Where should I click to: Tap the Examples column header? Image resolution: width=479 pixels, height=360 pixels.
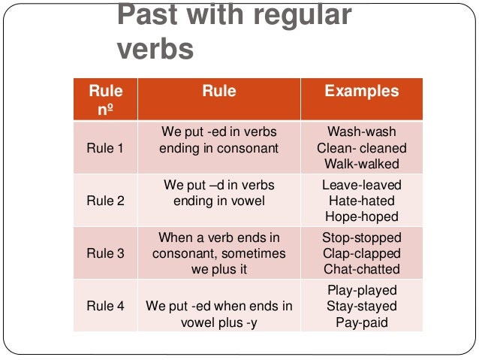pyautogui.click(x=361, y=92)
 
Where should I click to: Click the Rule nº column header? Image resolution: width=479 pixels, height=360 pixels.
pyautogui.click(x=106, y=100)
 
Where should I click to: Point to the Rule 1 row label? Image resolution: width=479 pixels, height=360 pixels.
pyautogui.click(x=106, y=148)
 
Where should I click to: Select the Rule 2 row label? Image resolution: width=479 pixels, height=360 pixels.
pyautogui.click(x=106, y=200)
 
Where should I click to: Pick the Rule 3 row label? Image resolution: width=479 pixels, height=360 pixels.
pyautogui.click(x=106, y=253)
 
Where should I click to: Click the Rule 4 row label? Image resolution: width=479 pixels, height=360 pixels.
pyautogui.click(x=106, y=306)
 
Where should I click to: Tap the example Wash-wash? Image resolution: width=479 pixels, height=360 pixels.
pyautogui.click(x=361, y=132)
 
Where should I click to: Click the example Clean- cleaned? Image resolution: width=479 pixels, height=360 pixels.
pyautogui.click(x=361, y=148)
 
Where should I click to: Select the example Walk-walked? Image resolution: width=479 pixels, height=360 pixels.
pyautogui.click(x=361, y=164)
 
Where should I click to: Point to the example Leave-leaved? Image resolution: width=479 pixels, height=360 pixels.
pyautogui.click(x=361, y=185)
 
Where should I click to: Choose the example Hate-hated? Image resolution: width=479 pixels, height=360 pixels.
pyautogui.click(x=361, y=201)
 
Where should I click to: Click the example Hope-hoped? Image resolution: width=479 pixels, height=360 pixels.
pyautogui.click(x=361, y=216)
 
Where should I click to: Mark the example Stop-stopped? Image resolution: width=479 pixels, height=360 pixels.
pyautogui.click(x=361, y=237)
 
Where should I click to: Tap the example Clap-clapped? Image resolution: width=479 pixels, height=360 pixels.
pyautogui.click(x=361, y=253)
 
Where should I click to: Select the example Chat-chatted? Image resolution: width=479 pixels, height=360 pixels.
pyautogui.click(x=361, y=269)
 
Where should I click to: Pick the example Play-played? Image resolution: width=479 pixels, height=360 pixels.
pyautogui.click(x=362, y=290)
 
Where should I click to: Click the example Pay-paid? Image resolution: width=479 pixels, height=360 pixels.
pyautogui.click(x=362, y=322)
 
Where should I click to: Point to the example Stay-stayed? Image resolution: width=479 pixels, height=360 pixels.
pyautogui.click(x=362, y=306)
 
